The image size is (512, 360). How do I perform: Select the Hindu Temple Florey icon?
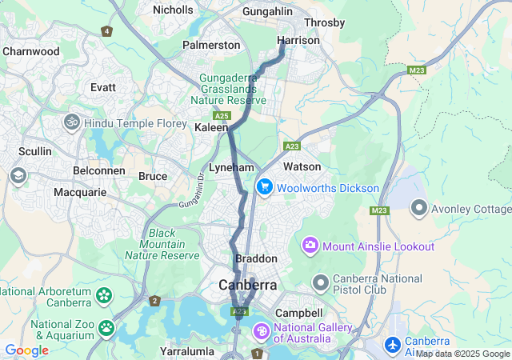pos(72,122)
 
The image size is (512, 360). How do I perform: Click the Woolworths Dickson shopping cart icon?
pos(265,187)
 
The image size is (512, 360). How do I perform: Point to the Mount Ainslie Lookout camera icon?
pos(310,245)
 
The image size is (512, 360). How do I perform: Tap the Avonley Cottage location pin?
pos(418,209)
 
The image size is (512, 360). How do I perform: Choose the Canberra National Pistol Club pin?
pos(321,283)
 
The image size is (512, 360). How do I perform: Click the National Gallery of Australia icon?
pos(262,330)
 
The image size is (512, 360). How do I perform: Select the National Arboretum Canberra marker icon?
pos(104,296)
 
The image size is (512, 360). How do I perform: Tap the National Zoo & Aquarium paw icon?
pos(106,327)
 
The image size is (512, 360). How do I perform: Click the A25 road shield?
pos(222,116)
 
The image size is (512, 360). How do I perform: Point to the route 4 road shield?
pos(106,31)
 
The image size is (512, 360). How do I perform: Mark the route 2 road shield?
pos(154,301)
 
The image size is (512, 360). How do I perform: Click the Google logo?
pos(26,350)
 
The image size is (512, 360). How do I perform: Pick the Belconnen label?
pos(96,171)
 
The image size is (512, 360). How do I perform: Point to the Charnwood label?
pos(31,51)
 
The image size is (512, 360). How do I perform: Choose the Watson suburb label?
pos(302,166)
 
